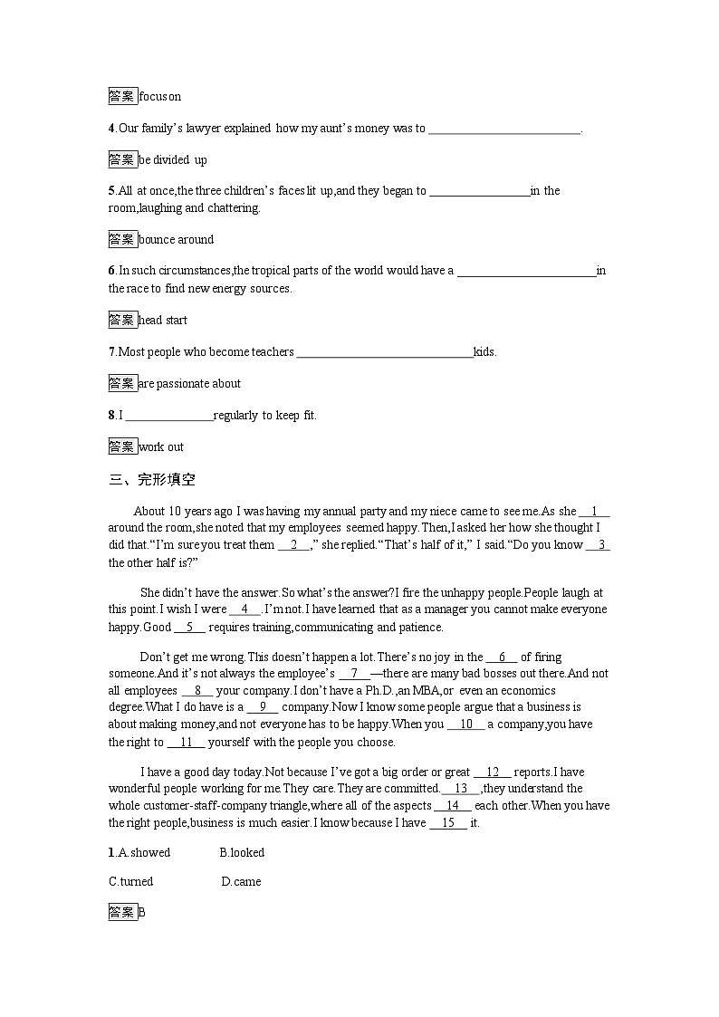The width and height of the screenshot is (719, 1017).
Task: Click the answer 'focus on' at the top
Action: coord(160,96)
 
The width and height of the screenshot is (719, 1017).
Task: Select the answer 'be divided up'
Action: coord(173,159)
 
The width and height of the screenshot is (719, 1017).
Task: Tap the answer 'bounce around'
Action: coord(177,239)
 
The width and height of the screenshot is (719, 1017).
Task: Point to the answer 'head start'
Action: coord(163,320)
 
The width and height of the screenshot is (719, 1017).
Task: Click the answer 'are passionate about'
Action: coord(189,383)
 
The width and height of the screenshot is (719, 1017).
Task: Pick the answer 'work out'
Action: coord(161,446)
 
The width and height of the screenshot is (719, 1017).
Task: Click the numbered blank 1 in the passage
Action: coord(594,511)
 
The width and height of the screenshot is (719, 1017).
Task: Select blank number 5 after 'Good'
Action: coord(190,627)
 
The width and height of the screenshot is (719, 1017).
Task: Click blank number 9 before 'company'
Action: coord(263,706)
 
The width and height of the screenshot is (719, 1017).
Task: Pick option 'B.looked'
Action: coord(242,852)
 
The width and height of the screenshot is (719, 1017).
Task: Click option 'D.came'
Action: coord(241,881)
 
